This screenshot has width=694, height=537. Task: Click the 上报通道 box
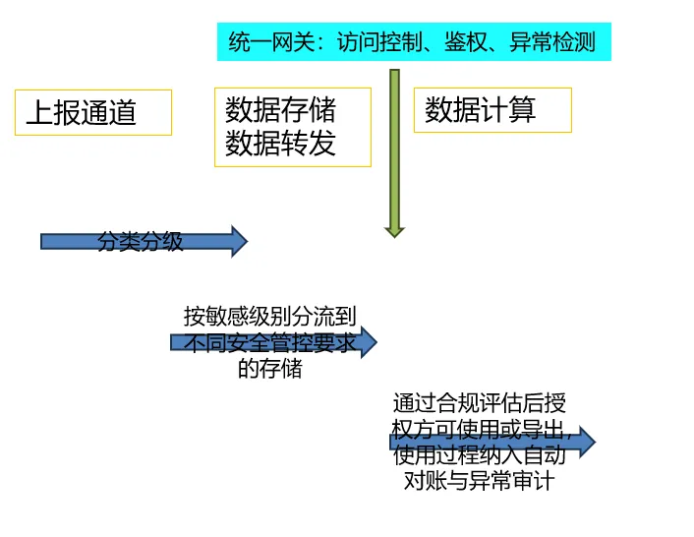coord(93,112)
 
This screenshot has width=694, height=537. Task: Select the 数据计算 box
coord(492,110)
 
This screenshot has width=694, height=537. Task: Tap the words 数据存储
coord(280,110)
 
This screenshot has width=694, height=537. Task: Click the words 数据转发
coord(280,144)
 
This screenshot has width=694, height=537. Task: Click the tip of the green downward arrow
coord(394,233)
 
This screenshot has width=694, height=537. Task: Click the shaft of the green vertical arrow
coord(394,148)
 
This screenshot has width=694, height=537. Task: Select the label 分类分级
coord(140,242)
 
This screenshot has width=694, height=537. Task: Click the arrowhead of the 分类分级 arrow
coord(239,241)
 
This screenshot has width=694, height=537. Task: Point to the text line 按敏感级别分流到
coord(269,317)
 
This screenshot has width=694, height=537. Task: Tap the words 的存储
coord(269,369)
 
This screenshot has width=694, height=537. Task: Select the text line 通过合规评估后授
coord(479,403)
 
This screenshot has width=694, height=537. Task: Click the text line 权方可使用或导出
coord(479,430)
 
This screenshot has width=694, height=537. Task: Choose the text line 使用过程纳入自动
coord(479,455)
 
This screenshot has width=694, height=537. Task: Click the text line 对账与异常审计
coord(479,482)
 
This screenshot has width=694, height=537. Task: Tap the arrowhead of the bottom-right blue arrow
coord(587,442)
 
